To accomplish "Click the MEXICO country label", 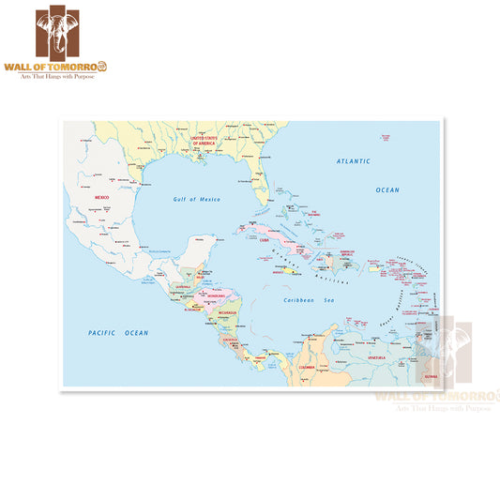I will (102, 198).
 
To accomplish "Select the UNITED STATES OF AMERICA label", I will (205, 140).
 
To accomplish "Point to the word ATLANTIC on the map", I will (354, 162).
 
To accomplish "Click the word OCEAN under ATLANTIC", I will (387, 189).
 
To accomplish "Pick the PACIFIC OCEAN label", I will (118, 333).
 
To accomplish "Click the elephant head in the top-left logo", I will (70, 31).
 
